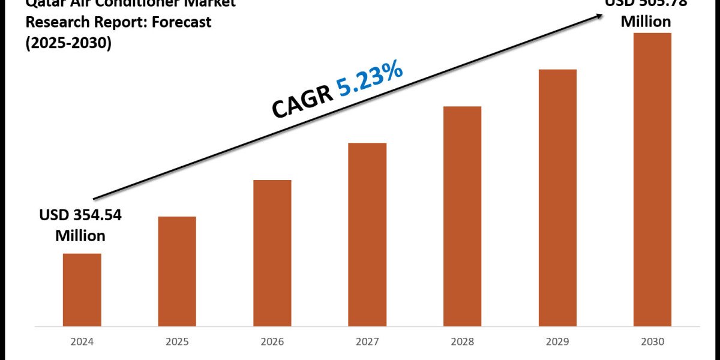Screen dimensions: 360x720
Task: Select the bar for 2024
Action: point(82,289)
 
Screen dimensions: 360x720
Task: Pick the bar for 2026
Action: point(272,253)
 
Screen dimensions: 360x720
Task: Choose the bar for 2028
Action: point(462,216)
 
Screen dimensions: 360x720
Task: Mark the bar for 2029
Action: point(557,197)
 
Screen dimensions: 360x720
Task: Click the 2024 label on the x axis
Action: point(82,342)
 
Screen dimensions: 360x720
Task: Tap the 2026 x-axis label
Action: point(272,342)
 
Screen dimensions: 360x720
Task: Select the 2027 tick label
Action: point(367,342)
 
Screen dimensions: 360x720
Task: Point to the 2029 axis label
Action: point(557,342)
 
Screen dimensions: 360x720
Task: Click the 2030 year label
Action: point(652,342)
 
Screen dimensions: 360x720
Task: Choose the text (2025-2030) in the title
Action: point(68,43)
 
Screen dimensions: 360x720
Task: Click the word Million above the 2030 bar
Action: point(646,22)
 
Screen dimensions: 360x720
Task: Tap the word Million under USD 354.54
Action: point(80,236)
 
